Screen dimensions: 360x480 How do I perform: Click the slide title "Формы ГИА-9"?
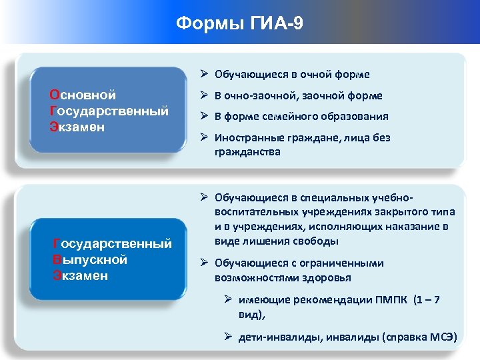point(239,24)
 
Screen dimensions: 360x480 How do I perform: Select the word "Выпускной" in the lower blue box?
point(89,260)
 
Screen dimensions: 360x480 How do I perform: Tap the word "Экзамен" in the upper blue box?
point(77,126)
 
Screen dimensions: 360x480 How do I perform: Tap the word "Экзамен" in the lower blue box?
point(80,275)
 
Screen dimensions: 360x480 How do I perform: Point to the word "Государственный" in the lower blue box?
point(111,245)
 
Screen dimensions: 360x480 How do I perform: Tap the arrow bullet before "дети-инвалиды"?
point(229,337)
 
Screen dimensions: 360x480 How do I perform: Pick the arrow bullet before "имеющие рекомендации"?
point(229,299)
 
